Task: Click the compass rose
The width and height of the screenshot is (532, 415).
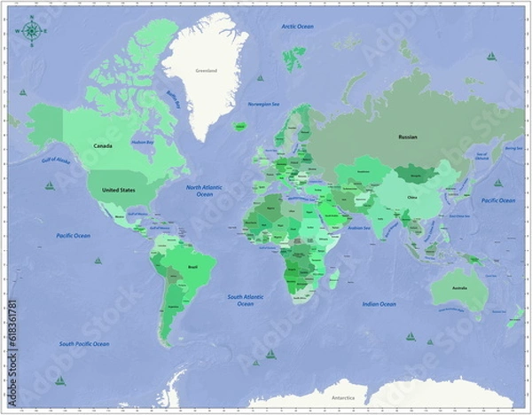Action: coord(31,31)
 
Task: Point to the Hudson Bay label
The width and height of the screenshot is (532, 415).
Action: coord(143,142)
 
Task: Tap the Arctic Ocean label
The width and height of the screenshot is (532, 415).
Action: coord(298,27)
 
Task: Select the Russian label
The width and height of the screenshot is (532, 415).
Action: coord(408,137)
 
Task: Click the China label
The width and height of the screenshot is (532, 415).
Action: coord(411,197)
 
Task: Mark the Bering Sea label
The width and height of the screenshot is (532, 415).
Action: coord(513,148)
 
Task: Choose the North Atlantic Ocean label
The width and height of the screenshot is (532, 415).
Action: coord(205,191)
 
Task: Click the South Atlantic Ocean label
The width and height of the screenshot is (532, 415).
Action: coord(246,300)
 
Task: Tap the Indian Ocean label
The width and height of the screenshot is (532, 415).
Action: coord(379,304)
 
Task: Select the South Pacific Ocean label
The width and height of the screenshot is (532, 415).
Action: coord(84,344)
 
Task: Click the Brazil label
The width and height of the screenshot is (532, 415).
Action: coord(193,266)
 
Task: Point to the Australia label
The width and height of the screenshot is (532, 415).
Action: coord(458,289)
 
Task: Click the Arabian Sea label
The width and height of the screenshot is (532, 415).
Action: coord(359,227)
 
